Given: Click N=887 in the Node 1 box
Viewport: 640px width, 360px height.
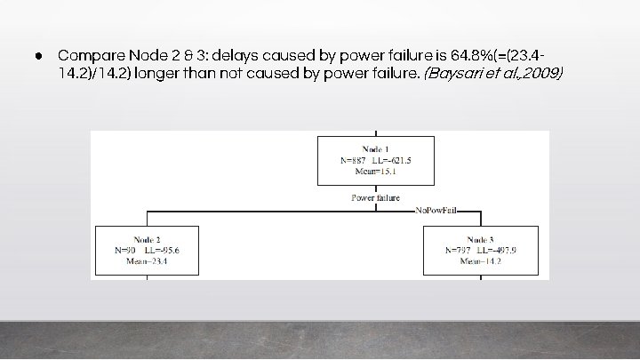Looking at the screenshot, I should [x=355, y=159].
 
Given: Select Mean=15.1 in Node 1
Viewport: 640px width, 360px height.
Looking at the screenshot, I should [x=376, y=172].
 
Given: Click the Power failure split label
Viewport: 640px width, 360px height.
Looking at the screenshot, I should [x=376, y=197].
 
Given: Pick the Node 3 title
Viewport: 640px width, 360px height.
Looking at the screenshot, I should [x=479, y=239].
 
